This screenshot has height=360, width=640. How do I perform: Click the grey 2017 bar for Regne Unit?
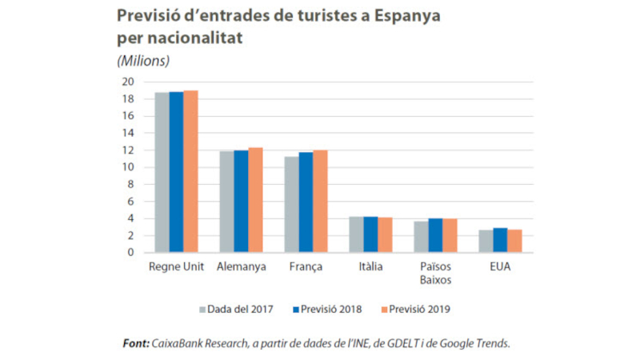[x=162, y=172]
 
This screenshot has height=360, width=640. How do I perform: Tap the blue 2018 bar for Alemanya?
[x=241, y=201]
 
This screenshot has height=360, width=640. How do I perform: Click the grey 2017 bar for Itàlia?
[x=356, y=234]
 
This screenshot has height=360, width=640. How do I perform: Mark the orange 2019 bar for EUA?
[x=514, y=241]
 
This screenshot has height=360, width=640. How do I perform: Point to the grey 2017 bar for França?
[x=291, y=204]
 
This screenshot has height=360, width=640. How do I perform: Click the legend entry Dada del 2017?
[x=238, y=307]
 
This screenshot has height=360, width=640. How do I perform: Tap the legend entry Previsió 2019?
[x=421, y=307]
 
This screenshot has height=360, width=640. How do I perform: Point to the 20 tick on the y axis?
[x=126, y=82]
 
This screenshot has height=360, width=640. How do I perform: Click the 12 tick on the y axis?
[x=126, y=150]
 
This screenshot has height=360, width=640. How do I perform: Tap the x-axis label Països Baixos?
[x=435, y=273]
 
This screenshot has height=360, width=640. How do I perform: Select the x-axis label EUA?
[x=500, y=266]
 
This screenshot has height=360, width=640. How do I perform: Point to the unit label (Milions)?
[x=143, y=60]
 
